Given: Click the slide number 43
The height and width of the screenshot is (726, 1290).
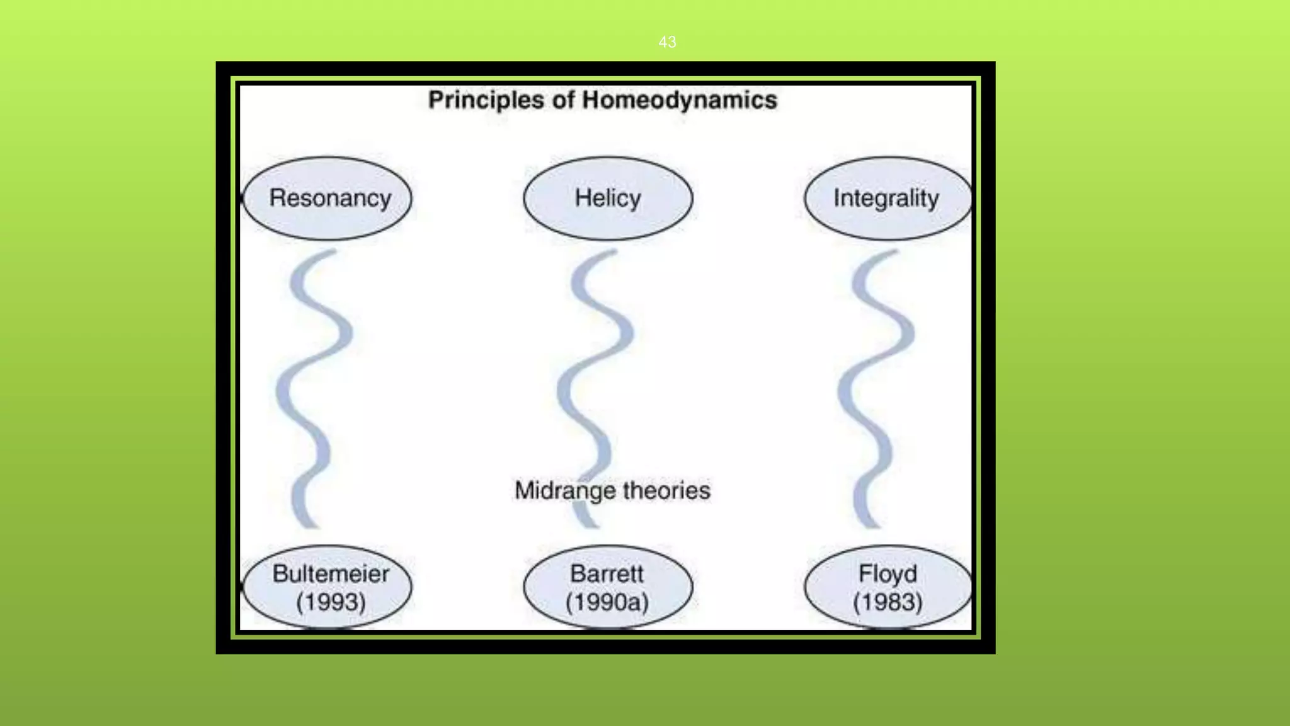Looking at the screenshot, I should click(x=667, y=42).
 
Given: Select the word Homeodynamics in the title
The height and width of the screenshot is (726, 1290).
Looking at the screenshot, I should click(x=680, y=100).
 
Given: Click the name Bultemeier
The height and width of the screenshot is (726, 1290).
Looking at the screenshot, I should click(x=331, y=573).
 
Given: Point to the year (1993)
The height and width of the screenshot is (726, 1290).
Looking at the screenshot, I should click(x=331, y=602).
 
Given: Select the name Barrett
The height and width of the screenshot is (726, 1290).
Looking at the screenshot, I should click(x=607, y=573).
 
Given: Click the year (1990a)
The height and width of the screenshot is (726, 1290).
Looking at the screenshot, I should click(x=607, y=602).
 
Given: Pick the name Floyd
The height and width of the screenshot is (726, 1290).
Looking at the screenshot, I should click(x=888, y=573).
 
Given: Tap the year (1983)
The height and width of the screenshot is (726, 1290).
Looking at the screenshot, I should click(x=888, y=602).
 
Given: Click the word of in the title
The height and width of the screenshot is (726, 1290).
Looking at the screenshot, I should click(x=563, y=100).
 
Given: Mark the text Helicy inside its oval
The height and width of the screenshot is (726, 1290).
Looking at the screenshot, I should click(x=608, y=198).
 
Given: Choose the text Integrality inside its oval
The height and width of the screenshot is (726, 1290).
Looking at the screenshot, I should click(x=886, y=198).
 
